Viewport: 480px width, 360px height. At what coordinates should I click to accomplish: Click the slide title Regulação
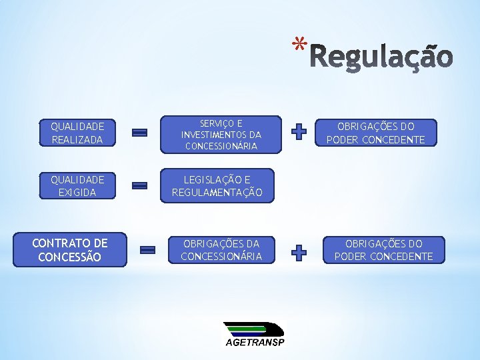click(x=382, y=58)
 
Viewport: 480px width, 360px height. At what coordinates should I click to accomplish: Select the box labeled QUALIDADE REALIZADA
click(x=77, y=133)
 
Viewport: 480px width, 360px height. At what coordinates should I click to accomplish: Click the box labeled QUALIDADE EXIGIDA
click(x=77, y=186)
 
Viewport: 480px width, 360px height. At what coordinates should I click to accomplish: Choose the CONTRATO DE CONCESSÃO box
click(x=70, y=250)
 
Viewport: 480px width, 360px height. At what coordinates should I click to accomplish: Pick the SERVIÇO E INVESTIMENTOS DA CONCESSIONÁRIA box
click(x=221, y=134)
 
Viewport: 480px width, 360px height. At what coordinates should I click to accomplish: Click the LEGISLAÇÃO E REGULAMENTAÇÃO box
click(x=217, y=186)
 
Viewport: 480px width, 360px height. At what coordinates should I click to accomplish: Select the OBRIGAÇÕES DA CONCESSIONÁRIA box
click(x=221, y=250)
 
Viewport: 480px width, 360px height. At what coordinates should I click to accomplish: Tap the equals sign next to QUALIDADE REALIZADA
click(x=140, y=133)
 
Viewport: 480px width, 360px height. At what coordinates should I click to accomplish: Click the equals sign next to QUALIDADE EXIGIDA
click(x=140, y=186)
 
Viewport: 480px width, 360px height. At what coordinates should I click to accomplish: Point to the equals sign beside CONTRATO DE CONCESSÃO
click(x=147, y=250)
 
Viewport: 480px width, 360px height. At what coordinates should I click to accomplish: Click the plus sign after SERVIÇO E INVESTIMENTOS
click(x=300, y=133)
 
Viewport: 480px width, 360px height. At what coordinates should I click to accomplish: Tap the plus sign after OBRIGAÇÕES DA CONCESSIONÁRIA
click(x=300, y=252)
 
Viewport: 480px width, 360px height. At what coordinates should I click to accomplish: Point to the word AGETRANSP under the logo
click(x=254, y=343)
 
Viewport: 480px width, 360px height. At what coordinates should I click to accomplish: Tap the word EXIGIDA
click(x=77, y=193)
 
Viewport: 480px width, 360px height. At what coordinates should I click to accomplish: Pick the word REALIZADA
click(x=77, y=139)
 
